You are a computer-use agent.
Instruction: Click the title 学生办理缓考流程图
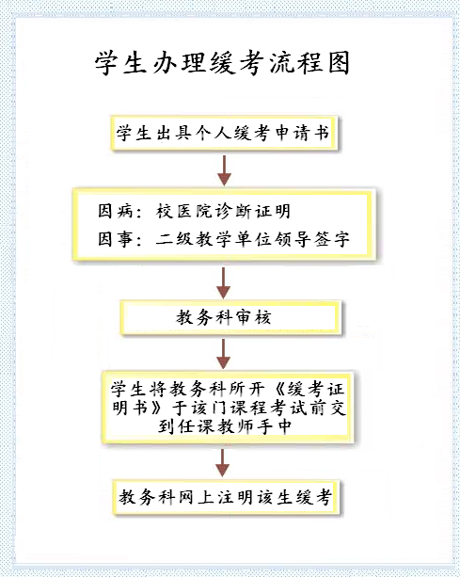(222, 63)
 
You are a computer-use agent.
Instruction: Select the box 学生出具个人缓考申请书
(224, 134)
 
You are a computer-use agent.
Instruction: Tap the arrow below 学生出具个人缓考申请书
(224, 170)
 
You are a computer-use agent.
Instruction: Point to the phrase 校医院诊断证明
(223, 212)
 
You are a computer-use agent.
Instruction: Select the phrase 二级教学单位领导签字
(253, 239)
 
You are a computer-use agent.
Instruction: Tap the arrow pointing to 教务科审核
(224, 282)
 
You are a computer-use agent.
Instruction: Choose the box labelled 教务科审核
(230, 318)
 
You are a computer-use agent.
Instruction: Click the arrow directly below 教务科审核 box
(223, 354)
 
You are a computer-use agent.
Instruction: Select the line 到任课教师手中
(225, 426)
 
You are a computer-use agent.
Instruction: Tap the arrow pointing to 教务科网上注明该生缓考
(222, 463)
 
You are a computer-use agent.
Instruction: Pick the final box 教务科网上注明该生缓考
(227, 498)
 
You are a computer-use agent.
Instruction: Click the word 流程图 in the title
(309, 63)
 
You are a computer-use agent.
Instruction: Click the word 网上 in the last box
(195, 498)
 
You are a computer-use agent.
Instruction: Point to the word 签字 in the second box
(332, 239)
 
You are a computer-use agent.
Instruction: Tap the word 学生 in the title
(119, 63)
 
